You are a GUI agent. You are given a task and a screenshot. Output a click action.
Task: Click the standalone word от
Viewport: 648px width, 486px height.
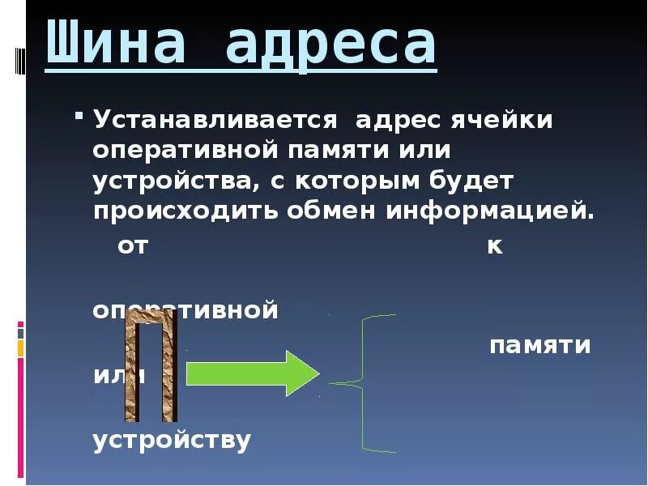133,246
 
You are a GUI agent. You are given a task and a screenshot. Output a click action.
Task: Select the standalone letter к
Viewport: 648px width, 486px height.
494,246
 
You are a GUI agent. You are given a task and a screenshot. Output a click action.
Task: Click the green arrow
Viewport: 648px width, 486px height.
254,373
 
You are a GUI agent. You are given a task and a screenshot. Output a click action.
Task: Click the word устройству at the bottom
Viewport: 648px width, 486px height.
172,441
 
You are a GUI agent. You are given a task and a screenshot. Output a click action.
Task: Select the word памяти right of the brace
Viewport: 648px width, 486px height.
539,346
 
